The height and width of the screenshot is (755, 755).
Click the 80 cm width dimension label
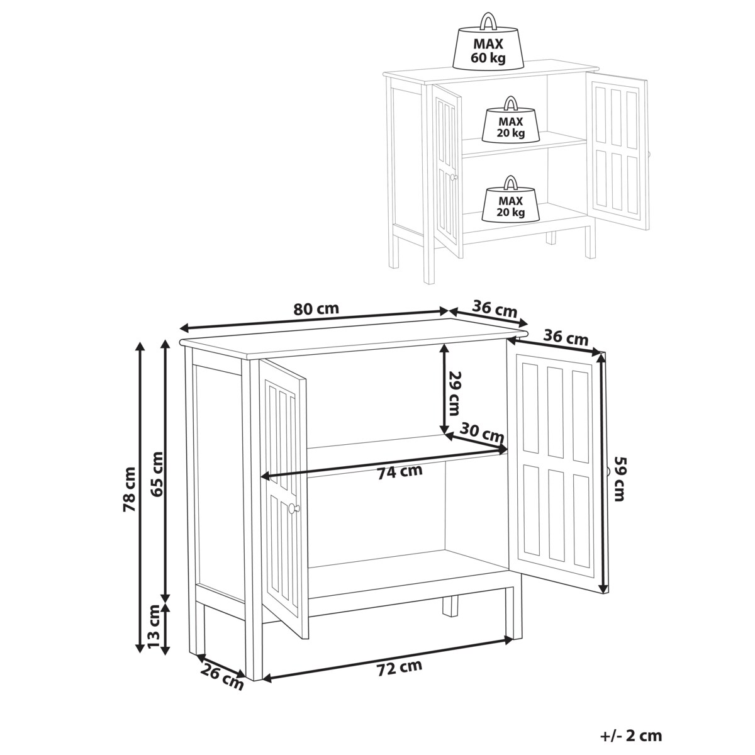pyautogui.click(x=316, y=309)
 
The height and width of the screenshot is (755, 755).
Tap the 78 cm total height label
pyautogui.click(x=130, y=489)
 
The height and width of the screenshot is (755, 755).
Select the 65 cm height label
pyautogui.click(x=157, y=474)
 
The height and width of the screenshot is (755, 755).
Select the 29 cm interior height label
pyautogui.click(x=454, y=393)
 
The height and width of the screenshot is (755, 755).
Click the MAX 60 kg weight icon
pyautogui.click(x=488, y=41)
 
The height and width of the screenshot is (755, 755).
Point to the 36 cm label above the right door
pyautogui.click(x=566, y=337)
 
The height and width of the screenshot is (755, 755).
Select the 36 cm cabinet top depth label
pyautogui.click(x=495, y=309)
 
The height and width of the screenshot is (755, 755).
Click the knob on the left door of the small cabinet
pyautogui.click(x=454, y=177)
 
